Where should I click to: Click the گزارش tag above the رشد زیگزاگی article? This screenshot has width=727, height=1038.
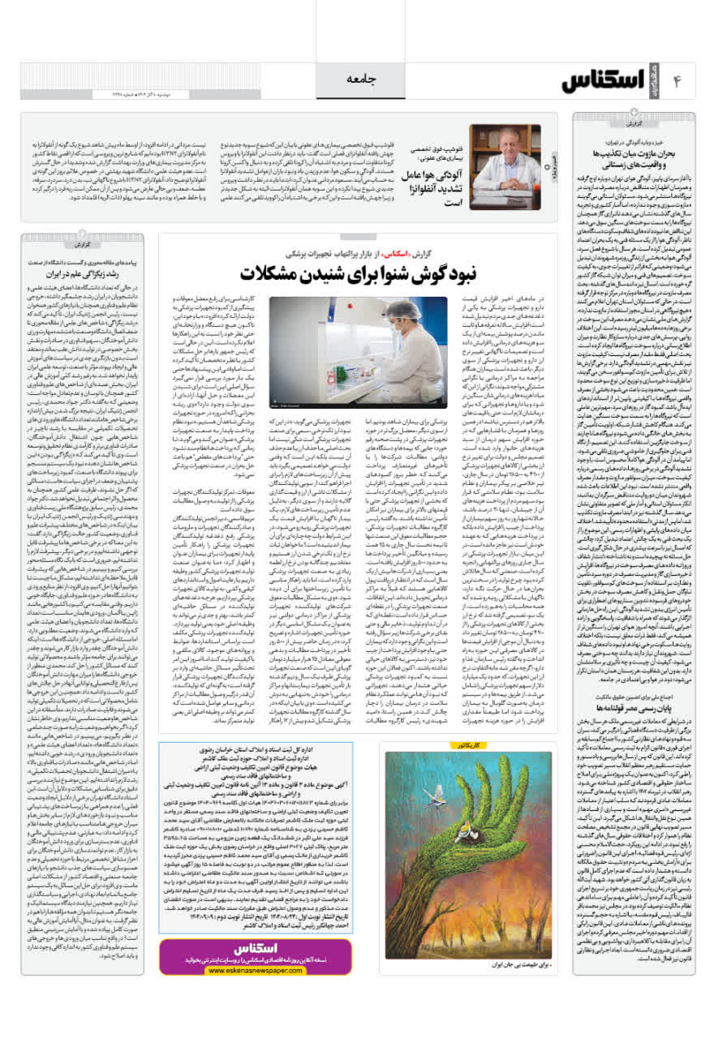click(x=81, y=242)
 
